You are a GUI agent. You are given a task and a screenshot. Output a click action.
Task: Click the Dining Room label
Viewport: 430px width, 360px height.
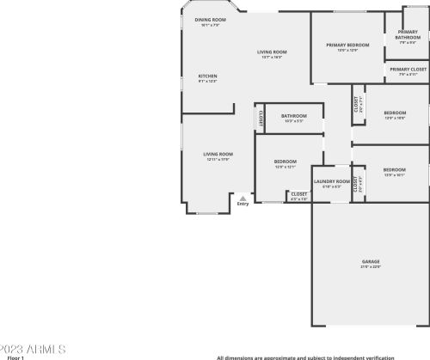click(x=210, y=19)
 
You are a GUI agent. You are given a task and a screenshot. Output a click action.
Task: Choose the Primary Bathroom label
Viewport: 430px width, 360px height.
click(x=408, y=34)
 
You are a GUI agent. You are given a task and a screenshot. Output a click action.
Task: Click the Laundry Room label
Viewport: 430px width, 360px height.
click(x=331, y=181)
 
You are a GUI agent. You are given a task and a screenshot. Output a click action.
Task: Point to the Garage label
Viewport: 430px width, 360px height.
click(x=371, y=261)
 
